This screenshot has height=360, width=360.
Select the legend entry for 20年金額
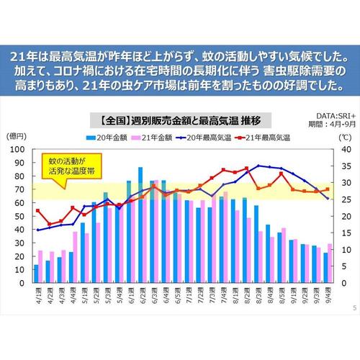coord(108,136)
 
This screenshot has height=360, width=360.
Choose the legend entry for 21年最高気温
coord(268,136)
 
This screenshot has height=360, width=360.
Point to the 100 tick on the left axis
coord(19,150)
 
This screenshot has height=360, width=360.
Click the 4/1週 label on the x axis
coord(36,297)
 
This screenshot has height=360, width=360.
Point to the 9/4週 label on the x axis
coord(328,297)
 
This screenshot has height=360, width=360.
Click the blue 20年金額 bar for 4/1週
coord(36,274)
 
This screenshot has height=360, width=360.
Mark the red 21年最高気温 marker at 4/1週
coord(37,211)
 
